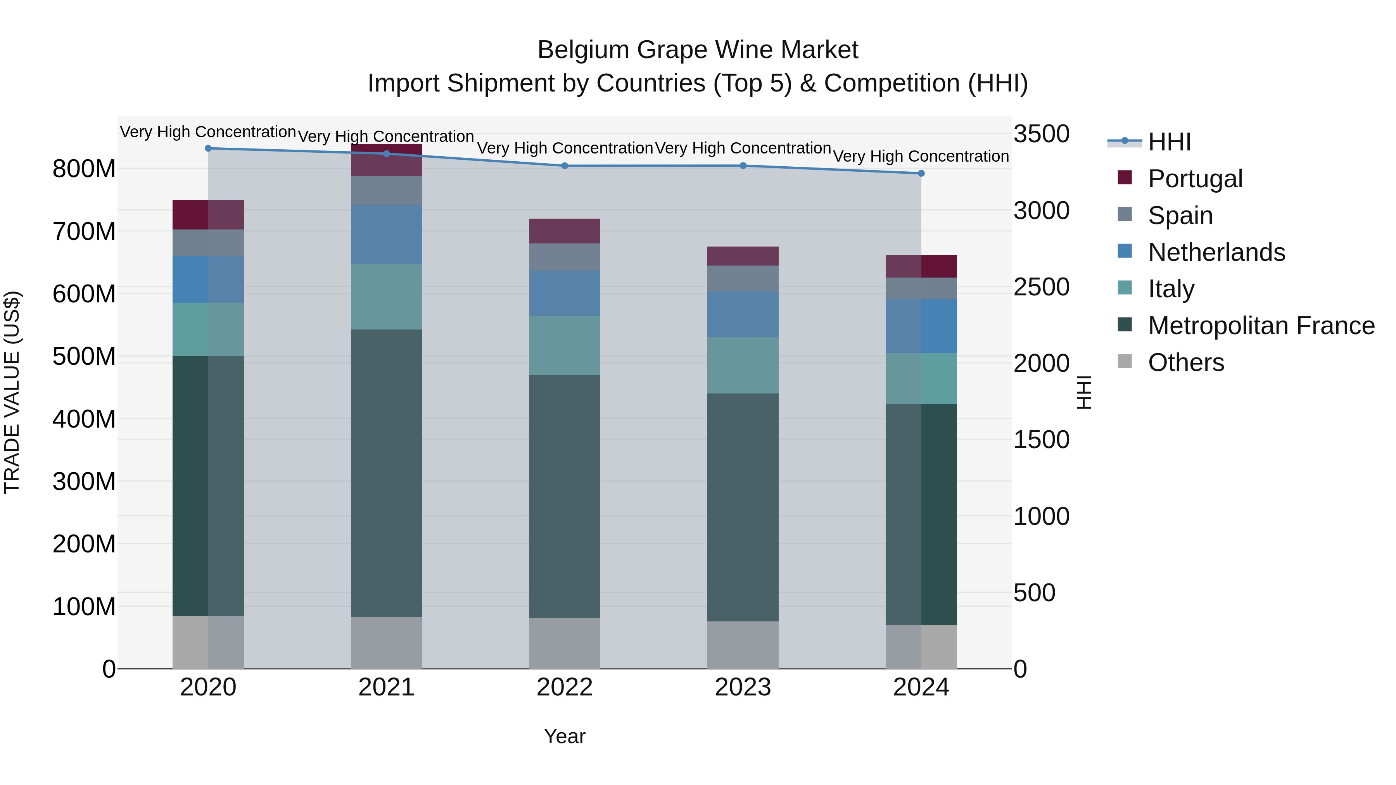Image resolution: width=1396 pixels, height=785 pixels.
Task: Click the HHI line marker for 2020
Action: [208, 148]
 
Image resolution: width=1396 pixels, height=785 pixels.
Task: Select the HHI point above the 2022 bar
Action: [565, 166]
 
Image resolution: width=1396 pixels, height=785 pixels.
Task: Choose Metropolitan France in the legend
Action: [1261, 326]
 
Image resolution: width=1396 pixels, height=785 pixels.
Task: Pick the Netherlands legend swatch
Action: [1125, 251]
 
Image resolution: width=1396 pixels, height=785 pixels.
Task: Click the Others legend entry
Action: [1186, 362]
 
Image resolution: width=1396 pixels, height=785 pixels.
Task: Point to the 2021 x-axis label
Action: [386, 687]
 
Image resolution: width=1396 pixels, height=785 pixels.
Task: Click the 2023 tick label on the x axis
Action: [743, 687]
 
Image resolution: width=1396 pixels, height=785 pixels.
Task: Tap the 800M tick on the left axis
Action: [84, 169]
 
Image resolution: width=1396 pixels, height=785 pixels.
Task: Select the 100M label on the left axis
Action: [84, 607]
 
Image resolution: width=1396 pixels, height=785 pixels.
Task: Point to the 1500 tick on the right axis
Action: [1041, 440]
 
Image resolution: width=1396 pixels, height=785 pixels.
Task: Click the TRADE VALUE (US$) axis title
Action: [12, 392]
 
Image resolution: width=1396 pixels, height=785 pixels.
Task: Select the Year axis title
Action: [565, 736]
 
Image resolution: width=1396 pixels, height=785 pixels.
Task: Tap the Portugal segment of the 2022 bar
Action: [565, 231]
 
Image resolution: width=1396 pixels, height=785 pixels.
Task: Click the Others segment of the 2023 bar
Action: [743, 645]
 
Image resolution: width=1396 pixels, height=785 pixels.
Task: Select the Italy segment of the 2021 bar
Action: [386, 297]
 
